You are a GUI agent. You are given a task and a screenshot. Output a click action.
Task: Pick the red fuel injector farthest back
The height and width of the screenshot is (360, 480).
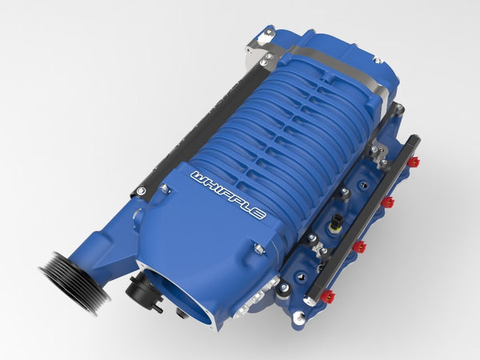point(413,162)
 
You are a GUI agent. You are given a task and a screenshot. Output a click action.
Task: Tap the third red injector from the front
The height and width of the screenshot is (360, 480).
point(387,202)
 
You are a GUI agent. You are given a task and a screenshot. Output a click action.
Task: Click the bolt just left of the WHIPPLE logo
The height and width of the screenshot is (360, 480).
point(165,190)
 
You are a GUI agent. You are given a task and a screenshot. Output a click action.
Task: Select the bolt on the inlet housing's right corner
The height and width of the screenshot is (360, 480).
point(259,250)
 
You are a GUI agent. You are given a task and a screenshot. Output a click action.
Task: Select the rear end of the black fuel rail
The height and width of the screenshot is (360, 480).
point(414,142)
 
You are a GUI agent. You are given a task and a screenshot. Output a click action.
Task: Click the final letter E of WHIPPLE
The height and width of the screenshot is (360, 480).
point(258,212)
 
